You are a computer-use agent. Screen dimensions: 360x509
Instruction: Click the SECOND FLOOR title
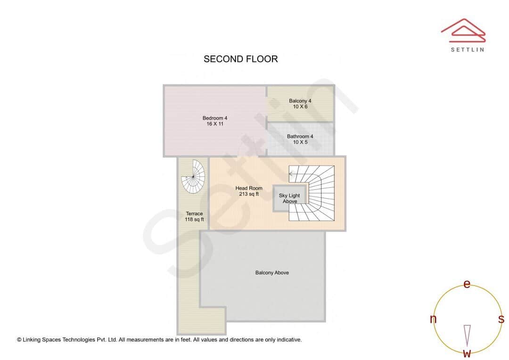coord(240,59)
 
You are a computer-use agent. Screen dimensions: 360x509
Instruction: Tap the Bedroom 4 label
coord(215,118)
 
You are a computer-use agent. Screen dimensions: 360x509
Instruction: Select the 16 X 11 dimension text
coord(215,124)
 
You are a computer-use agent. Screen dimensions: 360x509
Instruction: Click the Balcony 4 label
coord(300,101)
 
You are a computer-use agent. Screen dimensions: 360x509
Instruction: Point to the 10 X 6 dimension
coord(300,107)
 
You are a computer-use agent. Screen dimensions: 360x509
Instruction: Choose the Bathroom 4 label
coord(300,137)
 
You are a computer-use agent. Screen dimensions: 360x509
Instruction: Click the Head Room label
coord(249,188)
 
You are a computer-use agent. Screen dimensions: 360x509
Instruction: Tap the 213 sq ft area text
coord(249,194)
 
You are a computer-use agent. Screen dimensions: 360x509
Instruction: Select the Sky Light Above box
coord(290,198)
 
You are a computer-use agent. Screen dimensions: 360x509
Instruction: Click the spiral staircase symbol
coord(194,177)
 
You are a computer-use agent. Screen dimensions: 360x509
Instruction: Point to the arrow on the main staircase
coord(292,173)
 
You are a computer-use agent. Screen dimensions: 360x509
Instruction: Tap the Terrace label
coord(194,213)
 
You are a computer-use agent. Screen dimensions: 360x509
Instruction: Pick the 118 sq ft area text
coord(194,220)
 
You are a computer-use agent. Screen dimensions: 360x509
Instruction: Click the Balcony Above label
coord(272,273)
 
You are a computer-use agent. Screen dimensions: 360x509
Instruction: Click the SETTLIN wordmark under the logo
coord(467,49)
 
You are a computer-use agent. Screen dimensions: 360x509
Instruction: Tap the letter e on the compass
coord(467,284)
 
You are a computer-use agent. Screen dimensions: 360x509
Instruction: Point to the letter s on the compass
coord(501,319)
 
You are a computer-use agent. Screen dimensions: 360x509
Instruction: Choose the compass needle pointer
coord(467,335)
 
